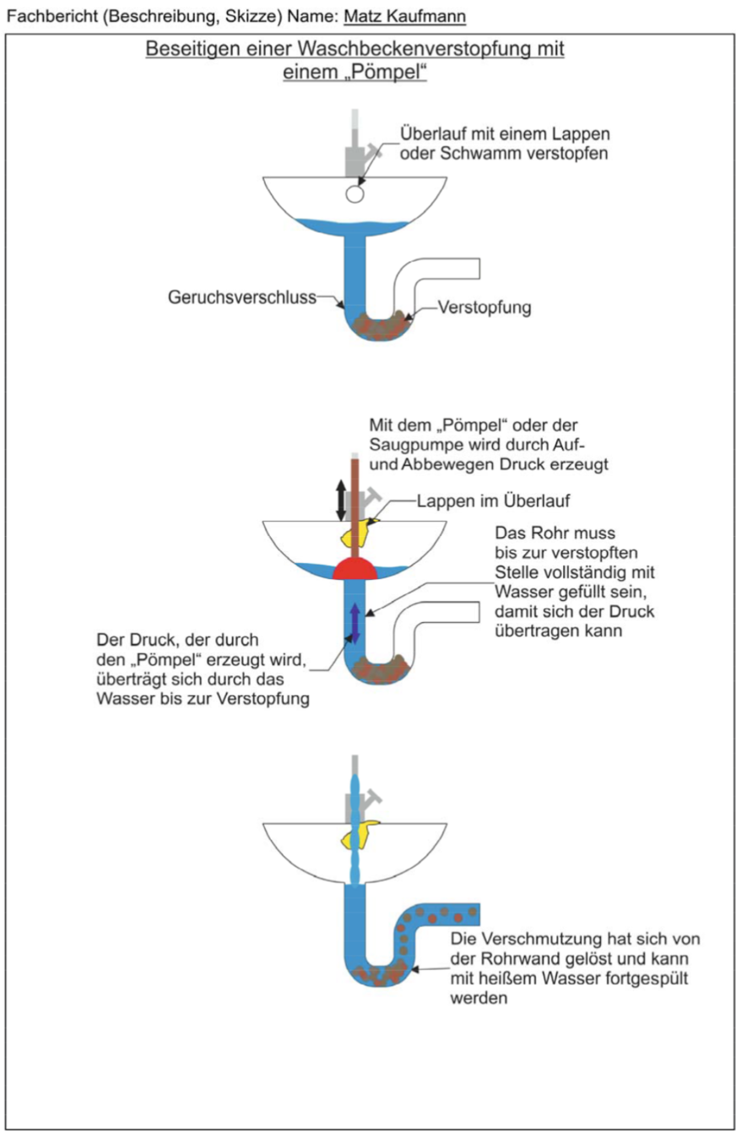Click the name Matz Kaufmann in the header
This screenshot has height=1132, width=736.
405,16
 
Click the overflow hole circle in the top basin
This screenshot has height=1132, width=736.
354,194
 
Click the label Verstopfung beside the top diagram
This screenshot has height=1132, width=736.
484,308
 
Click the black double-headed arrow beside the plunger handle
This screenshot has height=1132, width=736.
340,500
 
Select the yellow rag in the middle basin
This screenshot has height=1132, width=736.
358,532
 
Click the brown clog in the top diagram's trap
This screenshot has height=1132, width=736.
380,322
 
